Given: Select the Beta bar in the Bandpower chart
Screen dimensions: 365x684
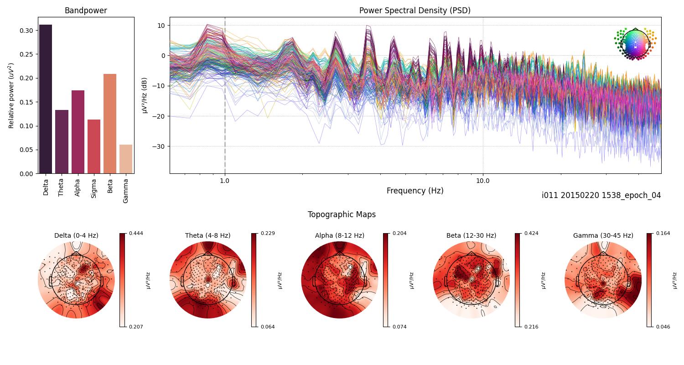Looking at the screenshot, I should (110, 124).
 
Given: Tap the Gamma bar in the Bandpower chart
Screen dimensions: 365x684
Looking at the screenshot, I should (126, 159).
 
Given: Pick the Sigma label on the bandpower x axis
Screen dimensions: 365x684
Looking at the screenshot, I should (93, 188).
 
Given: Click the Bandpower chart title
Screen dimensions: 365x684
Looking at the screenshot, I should (86, 10).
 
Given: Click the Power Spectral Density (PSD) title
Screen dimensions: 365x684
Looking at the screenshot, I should (415, 10).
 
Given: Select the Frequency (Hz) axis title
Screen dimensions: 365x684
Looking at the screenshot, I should (415, 191).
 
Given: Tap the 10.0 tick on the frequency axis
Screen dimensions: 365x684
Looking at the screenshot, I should (483, 180).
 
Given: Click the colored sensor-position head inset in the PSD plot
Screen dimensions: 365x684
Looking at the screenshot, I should (635, 44).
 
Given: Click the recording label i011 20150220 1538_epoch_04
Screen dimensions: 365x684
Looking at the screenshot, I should (601, 195).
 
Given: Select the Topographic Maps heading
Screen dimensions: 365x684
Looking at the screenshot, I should (342, 214).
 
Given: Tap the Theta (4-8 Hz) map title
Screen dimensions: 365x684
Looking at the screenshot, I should (207, 235).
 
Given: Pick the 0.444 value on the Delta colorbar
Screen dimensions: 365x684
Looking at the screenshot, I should (136, 233).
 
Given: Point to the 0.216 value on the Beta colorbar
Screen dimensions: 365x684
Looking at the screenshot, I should (532, 327).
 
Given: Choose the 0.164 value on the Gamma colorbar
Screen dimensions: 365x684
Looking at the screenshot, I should (663, 233).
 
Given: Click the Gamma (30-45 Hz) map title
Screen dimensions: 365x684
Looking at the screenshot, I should (603, 235).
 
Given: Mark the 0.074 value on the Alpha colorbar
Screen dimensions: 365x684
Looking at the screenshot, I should (400, 327).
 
